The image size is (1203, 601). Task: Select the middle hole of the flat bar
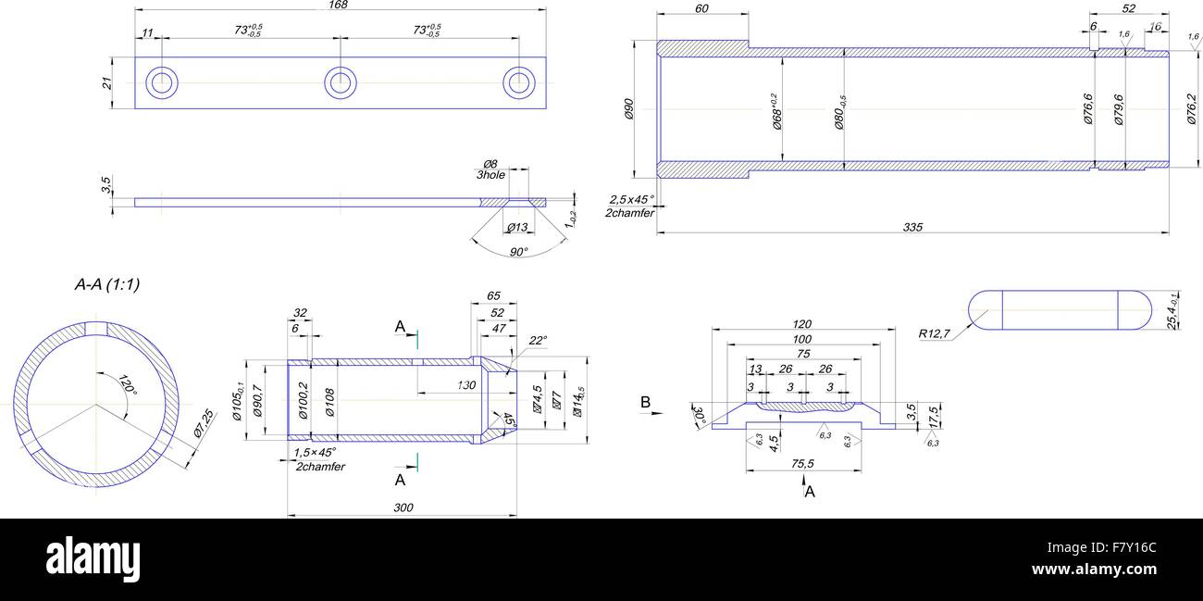click(x=341, y=81)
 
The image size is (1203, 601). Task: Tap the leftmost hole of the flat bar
click(x=163, y=81)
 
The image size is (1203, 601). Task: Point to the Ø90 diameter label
click(x=628, y=110)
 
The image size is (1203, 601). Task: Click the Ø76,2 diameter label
click(x=1192, y=109)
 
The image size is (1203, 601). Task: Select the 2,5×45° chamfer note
click(x=631, y=199)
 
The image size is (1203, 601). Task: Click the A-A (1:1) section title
click(x=106, y=285)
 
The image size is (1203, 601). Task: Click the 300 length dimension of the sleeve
click(x=403, y=507)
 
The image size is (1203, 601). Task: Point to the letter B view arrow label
click(x=646, y=402)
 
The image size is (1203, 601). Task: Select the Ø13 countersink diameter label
click(x=516, y=228)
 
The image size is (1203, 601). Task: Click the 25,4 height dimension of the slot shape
click(x=1173, y=311)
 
